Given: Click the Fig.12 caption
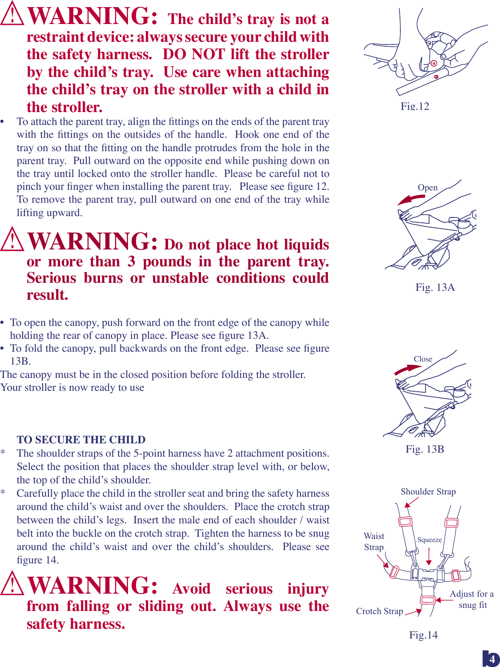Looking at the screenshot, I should pos(415,106).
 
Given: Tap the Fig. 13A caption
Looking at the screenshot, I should pos(435,287).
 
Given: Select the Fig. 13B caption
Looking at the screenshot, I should pos(424,449).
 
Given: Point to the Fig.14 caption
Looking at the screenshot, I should pos(423,635).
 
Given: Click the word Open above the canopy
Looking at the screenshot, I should pos(428,188).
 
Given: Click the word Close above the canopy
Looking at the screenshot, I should pos(423,359).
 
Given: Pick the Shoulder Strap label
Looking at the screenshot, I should pos(428,491).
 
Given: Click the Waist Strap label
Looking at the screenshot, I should pos(374,542).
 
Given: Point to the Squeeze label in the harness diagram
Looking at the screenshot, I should pos(429,540).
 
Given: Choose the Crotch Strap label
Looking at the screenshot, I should pos(379,611).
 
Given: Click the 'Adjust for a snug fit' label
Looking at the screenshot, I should pos(472,599).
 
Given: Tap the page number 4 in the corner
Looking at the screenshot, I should pos(492,659).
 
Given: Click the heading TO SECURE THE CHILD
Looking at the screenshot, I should pos(81,440).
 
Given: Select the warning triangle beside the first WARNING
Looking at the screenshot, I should pos(12,14).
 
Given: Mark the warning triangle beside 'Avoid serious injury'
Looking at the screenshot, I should pos(12,583).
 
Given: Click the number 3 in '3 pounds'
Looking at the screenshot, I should pos(131,261).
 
